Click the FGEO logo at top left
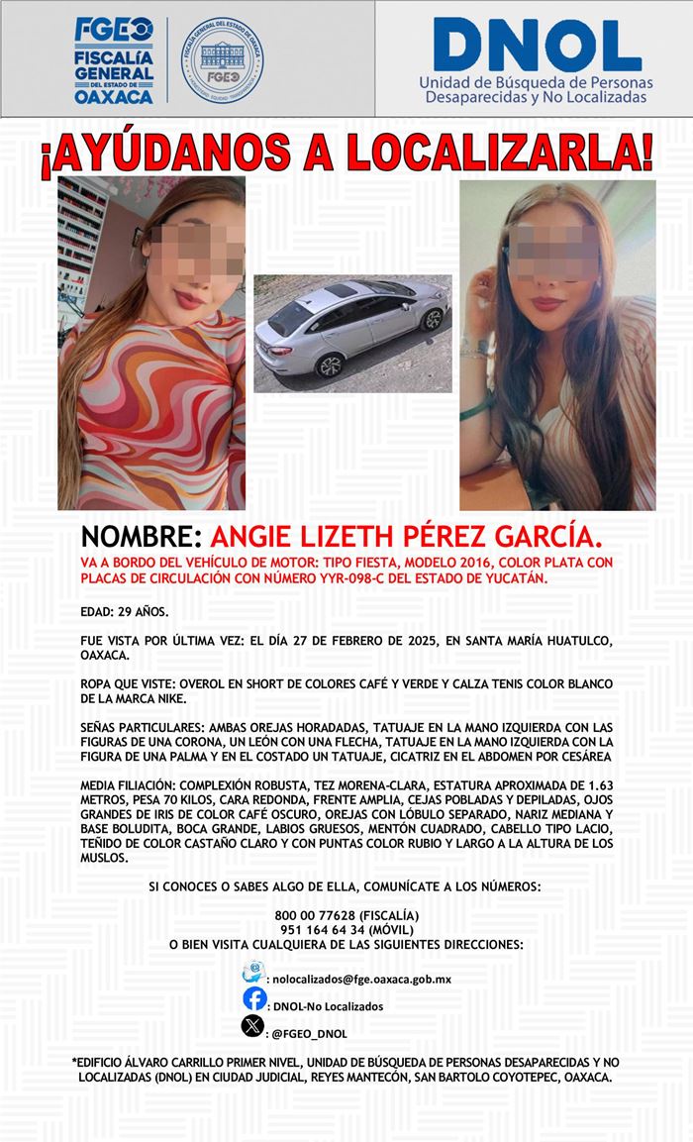point(114,59)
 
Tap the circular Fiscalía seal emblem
point(222,59)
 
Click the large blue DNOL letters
point(536,46)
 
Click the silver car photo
point(352,333)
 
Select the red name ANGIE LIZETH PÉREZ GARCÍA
point(408,538)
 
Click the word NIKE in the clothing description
point(182,699)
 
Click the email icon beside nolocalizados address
point(253,971)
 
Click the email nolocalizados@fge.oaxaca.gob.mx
point(362,980)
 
